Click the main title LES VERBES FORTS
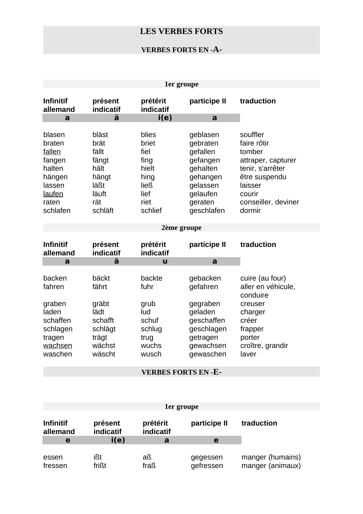tap(181, 32)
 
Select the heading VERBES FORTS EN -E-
tap(181, 372)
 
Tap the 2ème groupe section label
tap(181, 228)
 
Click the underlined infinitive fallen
tap(52, 152)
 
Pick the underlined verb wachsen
tap(58, 346)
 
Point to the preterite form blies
tap(148, 135)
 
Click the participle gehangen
tap(206, 177)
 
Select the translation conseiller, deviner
tap(269, 202)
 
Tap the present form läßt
tap(98, 185)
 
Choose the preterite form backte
tap(151, 278)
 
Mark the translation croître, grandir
tap(264, 346)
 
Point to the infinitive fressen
tap(55, 466)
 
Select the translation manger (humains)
tap(271, 457)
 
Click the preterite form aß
tap(147, 457)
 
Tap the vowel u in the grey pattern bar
tap(165, 261)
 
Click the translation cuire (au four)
tap(263, 278)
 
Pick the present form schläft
tap(103, 211)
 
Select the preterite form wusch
tap(151, 354)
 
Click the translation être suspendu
tap(263, 177)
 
